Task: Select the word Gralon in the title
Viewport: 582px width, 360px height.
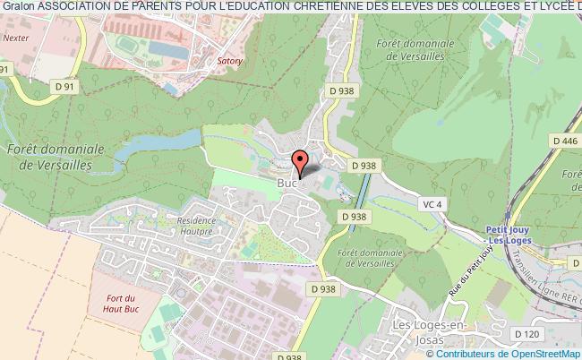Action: (x=18, y=7)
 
